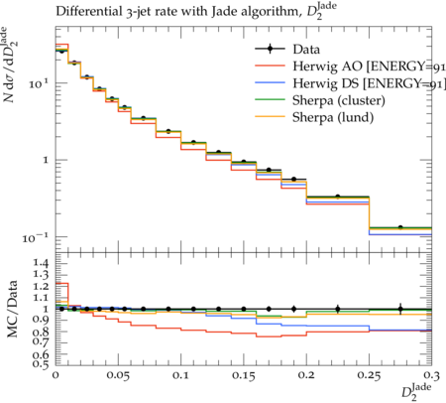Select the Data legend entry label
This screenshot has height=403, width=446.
point(306,50)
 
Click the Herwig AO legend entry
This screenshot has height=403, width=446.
point(369,67)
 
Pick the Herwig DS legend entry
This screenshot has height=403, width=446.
point(369,83)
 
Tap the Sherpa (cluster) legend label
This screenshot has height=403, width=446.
point(339,100)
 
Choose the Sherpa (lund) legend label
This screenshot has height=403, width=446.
point(333,117)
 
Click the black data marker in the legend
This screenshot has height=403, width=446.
point(270,50)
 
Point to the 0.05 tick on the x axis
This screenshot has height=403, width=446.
point(118,376)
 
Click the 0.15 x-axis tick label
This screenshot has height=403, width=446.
point(244,376)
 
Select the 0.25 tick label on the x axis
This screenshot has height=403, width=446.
point(369,376)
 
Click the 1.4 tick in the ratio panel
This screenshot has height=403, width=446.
point(40,263)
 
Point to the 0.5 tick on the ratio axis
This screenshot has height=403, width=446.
point(40,364)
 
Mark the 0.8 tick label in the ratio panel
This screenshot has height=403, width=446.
point(40,332)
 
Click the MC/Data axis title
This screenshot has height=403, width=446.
point(12,309)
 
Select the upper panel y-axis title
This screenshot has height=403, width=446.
point(11,65)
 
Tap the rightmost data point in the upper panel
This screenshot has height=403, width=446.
point(400,227)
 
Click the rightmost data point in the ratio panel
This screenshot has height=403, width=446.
point(400,309)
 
